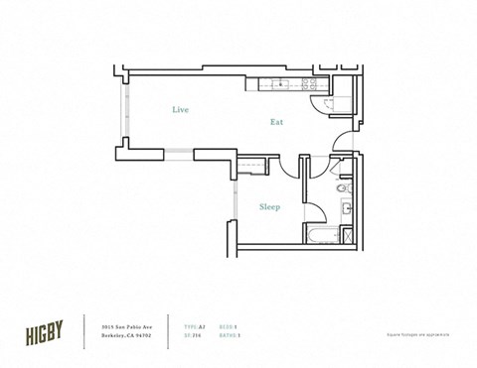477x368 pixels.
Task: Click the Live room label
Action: click(x=179, y=109)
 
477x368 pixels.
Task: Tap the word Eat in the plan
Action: click(x=279, y=122)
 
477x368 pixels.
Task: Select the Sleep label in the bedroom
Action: click(x=269, y=207)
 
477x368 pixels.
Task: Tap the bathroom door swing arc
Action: click(x=314, y=210)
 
